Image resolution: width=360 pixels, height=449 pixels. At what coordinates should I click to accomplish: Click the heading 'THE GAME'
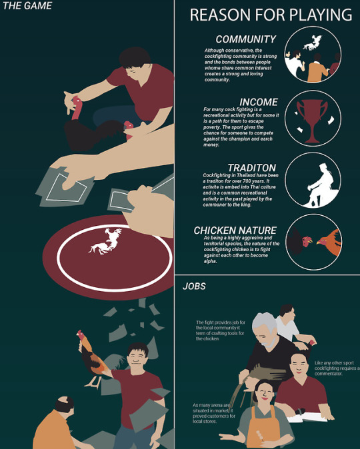(27, 6)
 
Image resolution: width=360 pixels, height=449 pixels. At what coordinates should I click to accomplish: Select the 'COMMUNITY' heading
(246, 39)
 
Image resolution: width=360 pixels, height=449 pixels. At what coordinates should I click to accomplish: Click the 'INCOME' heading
(259, 102)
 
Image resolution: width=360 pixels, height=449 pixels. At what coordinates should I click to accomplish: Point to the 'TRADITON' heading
(252, 168)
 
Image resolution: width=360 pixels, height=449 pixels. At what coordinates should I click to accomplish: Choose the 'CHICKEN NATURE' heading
(235, 230)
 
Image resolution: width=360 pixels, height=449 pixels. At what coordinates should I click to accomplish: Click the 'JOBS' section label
(194, 286)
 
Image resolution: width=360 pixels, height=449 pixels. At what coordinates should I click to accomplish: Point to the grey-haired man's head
(264, 329)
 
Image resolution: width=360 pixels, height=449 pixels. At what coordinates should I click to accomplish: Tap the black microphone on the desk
(300, 412)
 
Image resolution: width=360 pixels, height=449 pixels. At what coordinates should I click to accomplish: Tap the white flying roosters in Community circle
(313, 43)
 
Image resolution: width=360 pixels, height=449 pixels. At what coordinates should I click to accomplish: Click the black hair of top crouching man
(134, 57)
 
